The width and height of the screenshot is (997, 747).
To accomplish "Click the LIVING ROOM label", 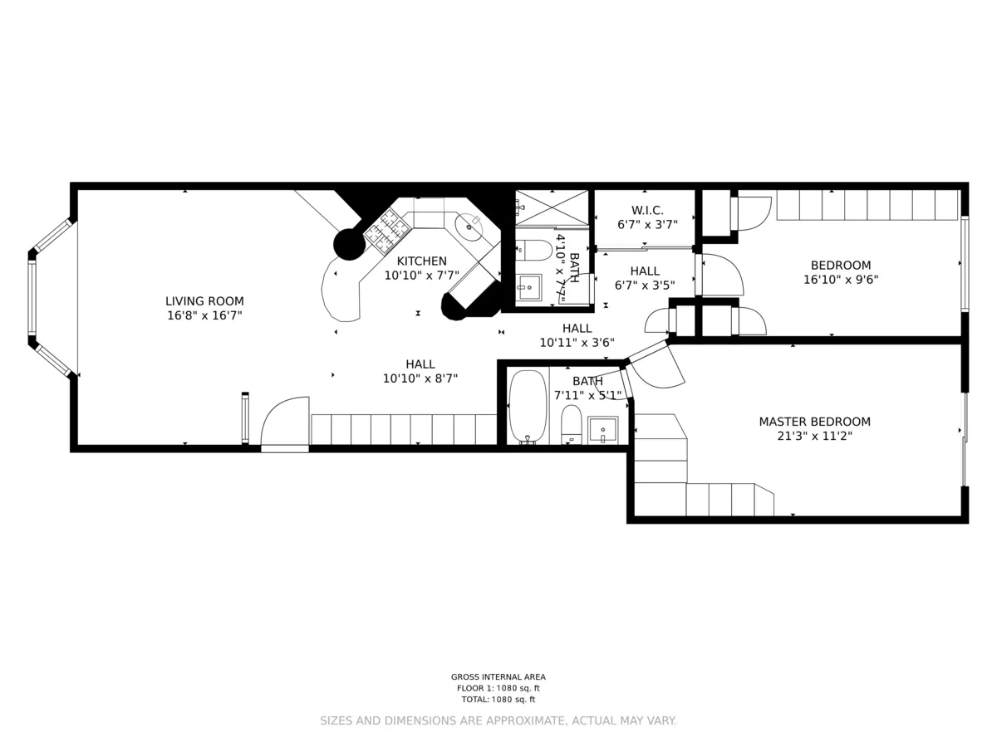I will click(x=204, y=301).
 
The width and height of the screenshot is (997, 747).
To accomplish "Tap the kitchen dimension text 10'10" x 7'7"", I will click(x=421, y=276).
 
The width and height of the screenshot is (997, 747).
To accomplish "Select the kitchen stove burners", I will click(x=386, y=230).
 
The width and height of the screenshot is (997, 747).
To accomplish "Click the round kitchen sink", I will click(x=470, y=223).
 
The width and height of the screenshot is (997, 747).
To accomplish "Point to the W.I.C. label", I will click(x=646, y=210).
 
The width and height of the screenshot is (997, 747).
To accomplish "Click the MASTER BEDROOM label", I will click(x=814, y=422).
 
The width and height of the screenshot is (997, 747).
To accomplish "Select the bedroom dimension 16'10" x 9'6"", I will click(x=841, y=280).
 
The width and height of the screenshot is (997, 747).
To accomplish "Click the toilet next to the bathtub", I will click(x=571, y=423).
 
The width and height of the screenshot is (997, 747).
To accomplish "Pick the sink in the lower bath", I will click(x=602, y=431).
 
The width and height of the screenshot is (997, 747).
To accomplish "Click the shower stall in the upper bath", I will click(x=551, y=207).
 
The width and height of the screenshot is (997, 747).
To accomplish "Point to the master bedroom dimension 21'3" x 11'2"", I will click(x=814, y=435).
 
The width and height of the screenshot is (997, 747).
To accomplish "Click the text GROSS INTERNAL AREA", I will click(x=498, y=676).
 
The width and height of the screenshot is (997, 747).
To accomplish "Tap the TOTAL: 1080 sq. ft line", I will click(x=498, y=700).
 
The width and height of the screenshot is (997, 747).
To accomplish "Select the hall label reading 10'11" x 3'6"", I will click(x=577, y=342).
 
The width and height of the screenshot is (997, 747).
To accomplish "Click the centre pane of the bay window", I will click(x=32, y=298).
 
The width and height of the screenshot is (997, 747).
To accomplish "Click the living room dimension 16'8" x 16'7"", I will click(x=204, y=315).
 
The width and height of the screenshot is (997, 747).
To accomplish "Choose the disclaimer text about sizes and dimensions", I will click(x=498, y=720).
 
